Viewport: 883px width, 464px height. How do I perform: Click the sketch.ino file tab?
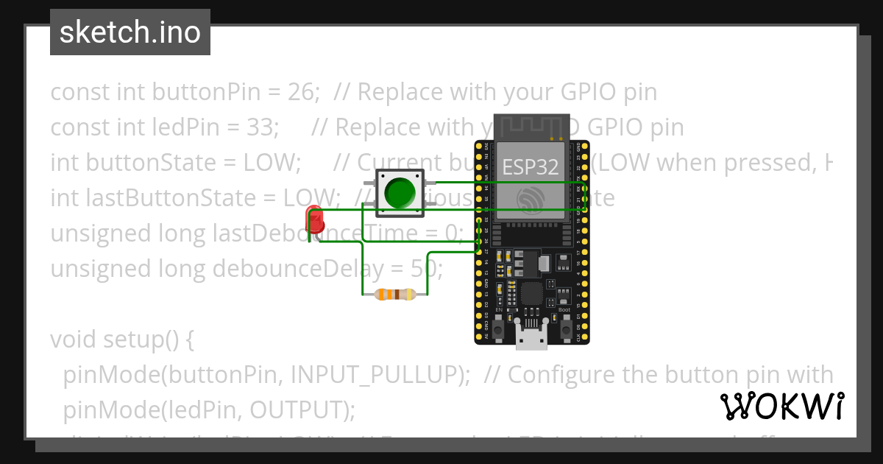pyautogui.click(x=130, y=32)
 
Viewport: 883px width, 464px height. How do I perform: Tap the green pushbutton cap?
pyautogui.click(x=400, y=192)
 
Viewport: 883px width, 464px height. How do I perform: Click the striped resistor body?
pyautogui.click(x=395, y=295)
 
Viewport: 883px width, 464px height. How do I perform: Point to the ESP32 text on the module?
pyautogui.click(x=530, y=166)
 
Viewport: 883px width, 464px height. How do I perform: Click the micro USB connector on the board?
pyautogui.click(x=531, y=339)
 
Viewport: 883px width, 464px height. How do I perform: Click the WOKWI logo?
pyautogui.click(x=781, y=406)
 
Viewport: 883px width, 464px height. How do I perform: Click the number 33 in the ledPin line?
pyautogui.click(x=258, y=127)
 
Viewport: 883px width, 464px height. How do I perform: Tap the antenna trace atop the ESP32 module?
pyautogui.click(x=531, y=129)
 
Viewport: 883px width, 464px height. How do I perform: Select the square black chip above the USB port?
pyautogui.click(x=532, y=295)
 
